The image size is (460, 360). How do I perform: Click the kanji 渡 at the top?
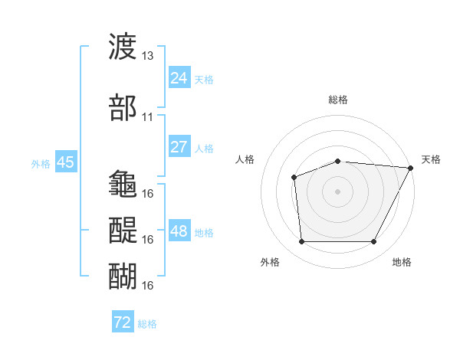(123, 46)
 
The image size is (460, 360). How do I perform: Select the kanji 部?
(123, 107)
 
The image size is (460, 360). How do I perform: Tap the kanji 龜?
(123, 183)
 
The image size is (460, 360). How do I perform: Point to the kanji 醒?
(123, 230)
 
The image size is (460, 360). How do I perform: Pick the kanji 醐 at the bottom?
(123, 276)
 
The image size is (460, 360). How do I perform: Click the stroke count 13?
(147, 56)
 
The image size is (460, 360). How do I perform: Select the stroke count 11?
(147, 117)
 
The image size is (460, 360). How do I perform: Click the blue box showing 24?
(179, 77)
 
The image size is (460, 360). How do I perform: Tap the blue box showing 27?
(179, 146)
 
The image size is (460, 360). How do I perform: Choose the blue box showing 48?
(179, 230)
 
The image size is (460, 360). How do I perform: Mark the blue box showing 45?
(66, 162)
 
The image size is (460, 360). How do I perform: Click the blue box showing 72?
(123, 321)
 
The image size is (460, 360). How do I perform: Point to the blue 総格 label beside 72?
(147, 324)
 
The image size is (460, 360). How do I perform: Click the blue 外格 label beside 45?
(41, 164)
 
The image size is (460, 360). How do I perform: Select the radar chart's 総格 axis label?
(338, 100)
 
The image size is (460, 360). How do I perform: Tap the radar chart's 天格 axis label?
(431, 159)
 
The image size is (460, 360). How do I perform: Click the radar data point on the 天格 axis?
(411, 168)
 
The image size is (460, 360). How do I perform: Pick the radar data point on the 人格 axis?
(294, 178)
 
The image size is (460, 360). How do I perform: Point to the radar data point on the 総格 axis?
(338, 162)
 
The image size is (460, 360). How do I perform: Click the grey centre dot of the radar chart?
(337, 191)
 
